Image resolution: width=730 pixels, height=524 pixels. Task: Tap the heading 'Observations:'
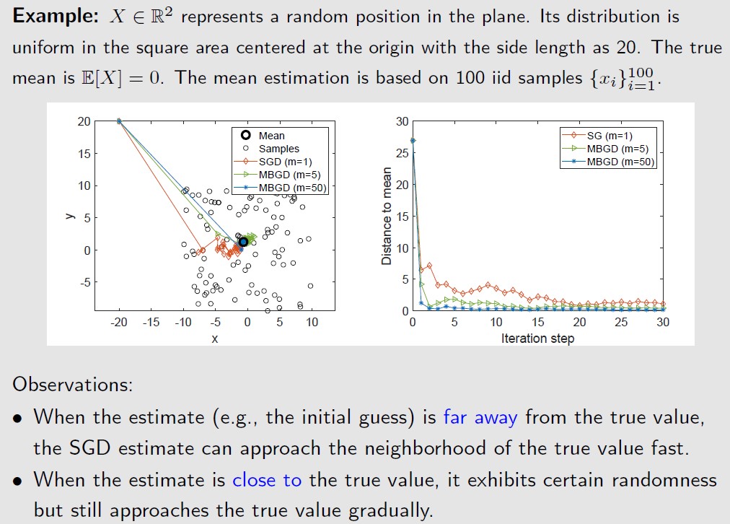point(72,384)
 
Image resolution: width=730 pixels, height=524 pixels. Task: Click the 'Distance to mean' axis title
point(387,217)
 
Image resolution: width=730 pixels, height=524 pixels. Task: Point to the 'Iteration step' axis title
point(537,338)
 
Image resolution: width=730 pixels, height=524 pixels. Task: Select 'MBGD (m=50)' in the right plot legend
point(620,161)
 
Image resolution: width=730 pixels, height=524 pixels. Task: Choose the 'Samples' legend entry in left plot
point(278,149)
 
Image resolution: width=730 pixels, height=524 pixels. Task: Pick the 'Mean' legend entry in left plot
point(271,136)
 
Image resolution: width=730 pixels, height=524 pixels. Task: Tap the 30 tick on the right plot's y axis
point(401,121)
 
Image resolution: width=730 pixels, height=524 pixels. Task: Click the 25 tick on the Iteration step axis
point(621,323)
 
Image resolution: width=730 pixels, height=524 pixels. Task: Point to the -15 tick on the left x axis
point(151,323)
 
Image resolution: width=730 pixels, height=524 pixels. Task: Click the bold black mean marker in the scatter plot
point(244,242)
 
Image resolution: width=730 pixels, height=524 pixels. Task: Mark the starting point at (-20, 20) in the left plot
point(119,121)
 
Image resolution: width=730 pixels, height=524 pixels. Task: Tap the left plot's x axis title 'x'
point(215,338)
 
